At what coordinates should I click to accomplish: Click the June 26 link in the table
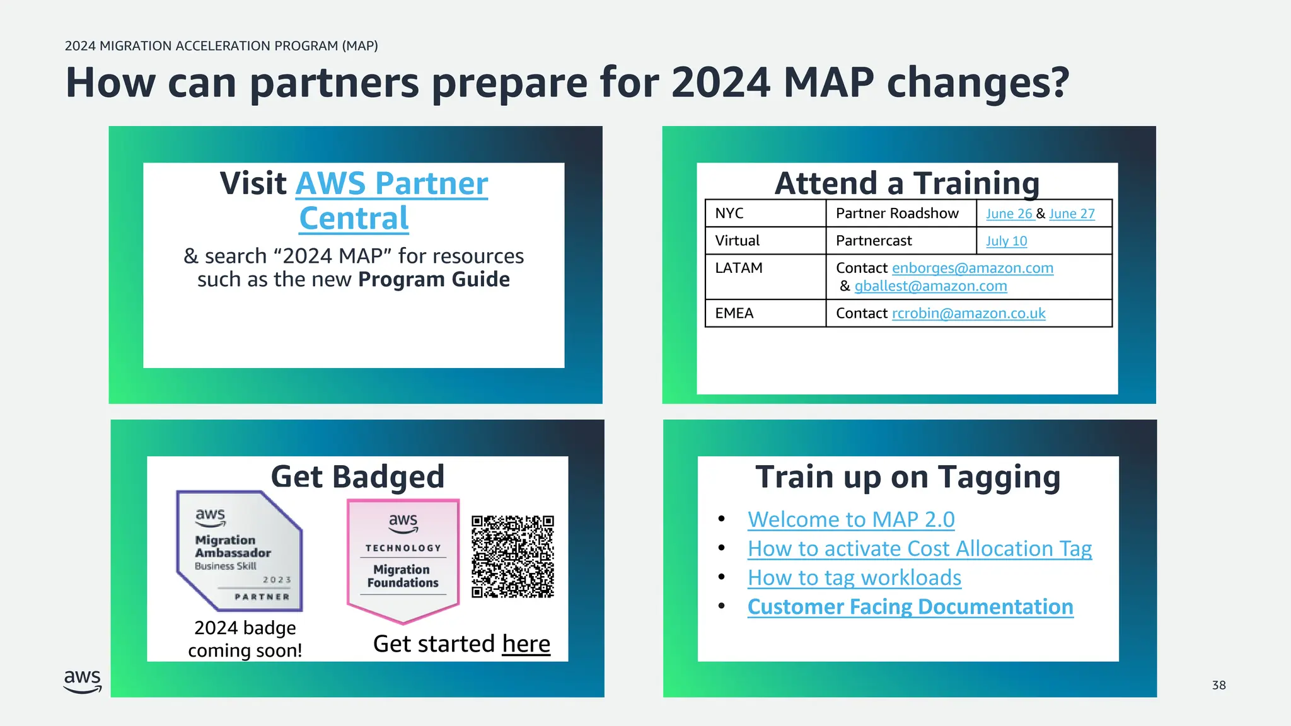click(x=1009, y=214)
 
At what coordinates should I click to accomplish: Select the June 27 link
click(x=1072, y=214)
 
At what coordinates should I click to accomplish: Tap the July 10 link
click(x=1006, y=241)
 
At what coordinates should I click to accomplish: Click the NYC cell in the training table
click(x=729, y=213)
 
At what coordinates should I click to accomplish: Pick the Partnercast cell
click(x=874, y=241)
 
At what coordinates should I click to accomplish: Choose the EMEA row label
click(x=734, y=313)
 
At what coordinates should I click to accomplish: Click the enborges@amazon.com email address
click(x=972, y=268)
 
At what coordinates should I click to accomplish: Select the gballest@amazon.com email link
click(x=930, y=286)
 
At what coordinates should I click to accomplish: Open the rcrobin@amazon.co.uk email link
click(x=968, y=313)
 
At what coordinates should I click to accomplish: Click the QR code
click(x=512, y=556)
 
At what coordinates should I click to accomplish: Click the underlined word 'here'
click(x=526, y=644)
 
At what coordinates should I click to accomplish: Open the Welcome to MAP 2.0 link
click(x=851, y=519)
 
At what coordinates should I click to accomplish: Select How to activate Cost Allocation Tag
click(x=919, y=549)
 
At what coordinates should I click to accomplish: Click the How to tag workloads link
click(x=854, y=578)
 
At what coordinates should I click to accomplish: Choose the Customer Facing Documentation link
click(x=910, y=607)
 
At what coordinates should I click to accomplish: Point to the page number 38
click(x=1219, y=685)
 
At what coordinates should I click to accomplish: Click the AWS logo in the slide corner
click(x=83, y=681)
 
